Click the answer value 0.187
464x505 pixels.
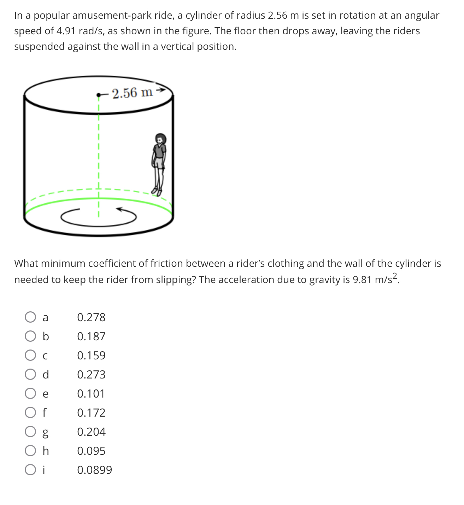[x=91, y=336]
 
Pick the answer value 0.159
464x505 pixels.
[x=91, y=355]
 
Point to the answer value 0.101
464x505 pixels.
[x=91, y=393]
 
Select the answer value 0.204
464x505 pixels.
[x=91, y=431]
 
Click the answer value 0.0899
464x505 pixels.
[x=94, y=470]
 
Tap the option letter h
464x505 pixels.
[x=46, y=451]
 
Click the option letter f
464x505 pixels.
[x=44, y=412]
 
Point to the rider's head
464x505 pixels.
[x=161, y=139]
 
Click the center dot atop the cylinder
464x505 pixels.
[x=99, y=95]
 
